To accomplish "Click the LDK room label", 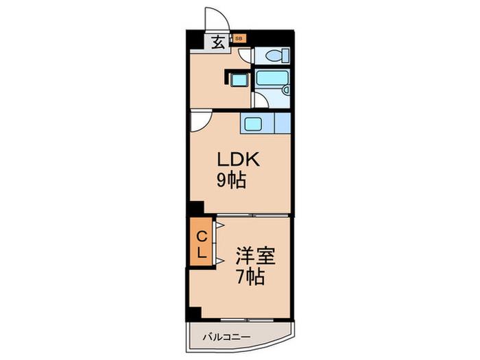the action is click(239, 160).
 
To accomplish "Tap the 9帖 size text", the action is click(232, 180).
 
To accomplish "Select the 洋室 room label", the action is click(255, 256).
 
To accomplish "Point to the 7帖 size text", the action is click(250, 277).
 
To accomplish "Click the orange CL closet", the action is click(201, 241).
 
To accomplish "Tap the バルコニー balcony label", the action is click(227, 337).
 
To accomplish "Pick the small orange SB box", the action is click(239, 39).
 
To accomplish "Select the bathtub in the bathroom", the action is click(272, 78).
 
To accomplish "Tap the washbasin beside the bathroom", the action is click(239, 80).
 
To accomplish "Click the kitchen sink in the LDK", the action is click(252, 124).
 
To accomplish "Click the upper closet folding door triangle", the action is click(220, 226).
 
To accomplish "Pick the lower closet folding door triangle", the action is click(220, 261).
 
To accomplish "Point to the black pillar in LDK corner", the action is click(197, 208).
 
